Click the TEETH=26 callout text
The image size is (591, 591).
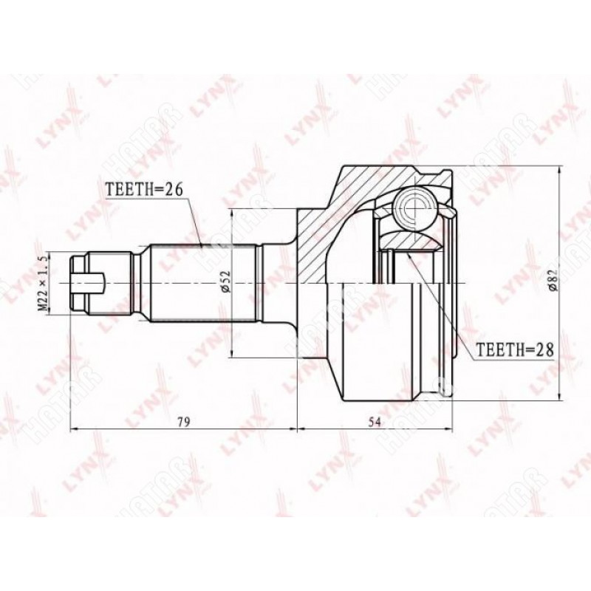(x=143, y=189)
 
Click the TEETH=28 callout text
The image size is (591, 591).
(x=515, y=350)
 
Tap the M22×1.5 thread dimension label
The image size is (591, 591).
(x=44, y=283)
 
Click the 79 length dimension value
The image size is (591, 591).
(x=184, y=422)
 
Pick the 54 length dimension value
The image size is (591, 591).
(x=375, y=422)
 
